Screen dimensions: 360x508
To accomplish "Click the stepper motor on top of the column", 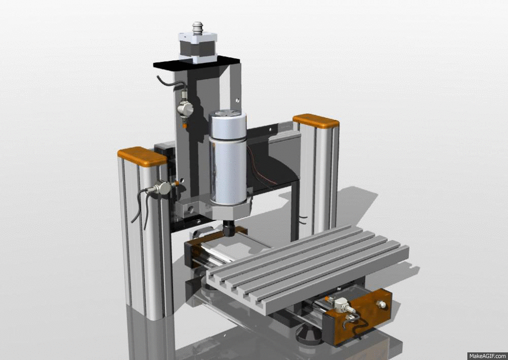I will (197, 47).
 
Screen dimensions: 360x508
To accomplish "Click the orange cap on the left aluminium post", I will (142, 156).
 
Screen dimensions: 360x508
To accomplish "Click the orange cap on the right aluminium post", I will (315, 121).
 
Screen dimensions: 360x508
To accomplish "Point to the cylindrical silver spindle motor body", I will (228, 162).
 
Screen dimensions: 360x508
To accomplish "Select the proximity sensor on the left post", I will (162, 188).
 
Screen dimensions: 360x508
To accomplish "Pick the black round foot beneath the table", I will (308, 335).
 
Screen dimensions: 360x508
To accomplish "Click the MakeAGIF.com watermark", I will (487, 355).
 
